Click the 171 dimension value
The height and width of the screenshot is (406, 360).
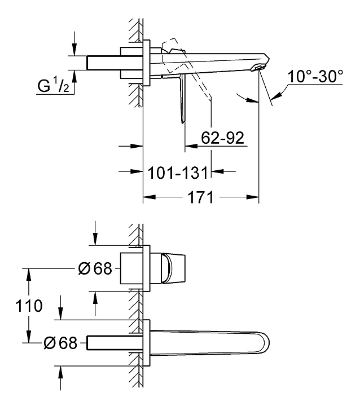pos(201,197)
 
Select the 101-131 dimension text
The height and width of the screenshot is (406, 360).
pos(178,173)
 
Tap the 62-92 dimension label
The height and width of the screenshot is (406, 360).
pos(223,138)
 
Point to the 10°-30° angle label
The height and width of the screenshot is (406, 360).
pos(315,76)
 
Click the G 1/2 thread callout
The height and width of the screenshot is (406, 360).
pos(54,86)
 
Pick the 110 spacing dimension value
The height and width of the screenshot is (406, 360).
pos(29,306)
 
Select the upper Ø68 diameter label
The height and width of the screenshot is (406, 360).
pos(95,268)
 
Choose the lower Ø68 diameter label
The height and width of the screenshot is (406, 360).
pos(60,343)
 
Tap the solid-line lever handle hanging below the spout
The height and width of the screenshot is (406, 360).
pos(183,98)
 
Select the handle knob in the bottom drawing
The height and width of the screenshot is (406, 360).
pos(174,268)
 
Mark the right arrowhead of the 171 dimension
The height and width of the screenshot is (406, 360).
pos(253,197)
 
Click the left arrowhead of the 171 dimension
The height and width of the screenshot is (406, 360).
pos(150,197)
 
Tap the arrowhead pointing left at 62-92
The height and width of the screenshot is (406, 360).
pos(191,146)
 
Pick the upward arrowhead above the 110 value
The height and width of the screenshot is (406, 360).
pos(29,275)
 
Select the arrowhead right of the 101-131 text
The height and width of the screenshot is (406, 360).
pos(217,171)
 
